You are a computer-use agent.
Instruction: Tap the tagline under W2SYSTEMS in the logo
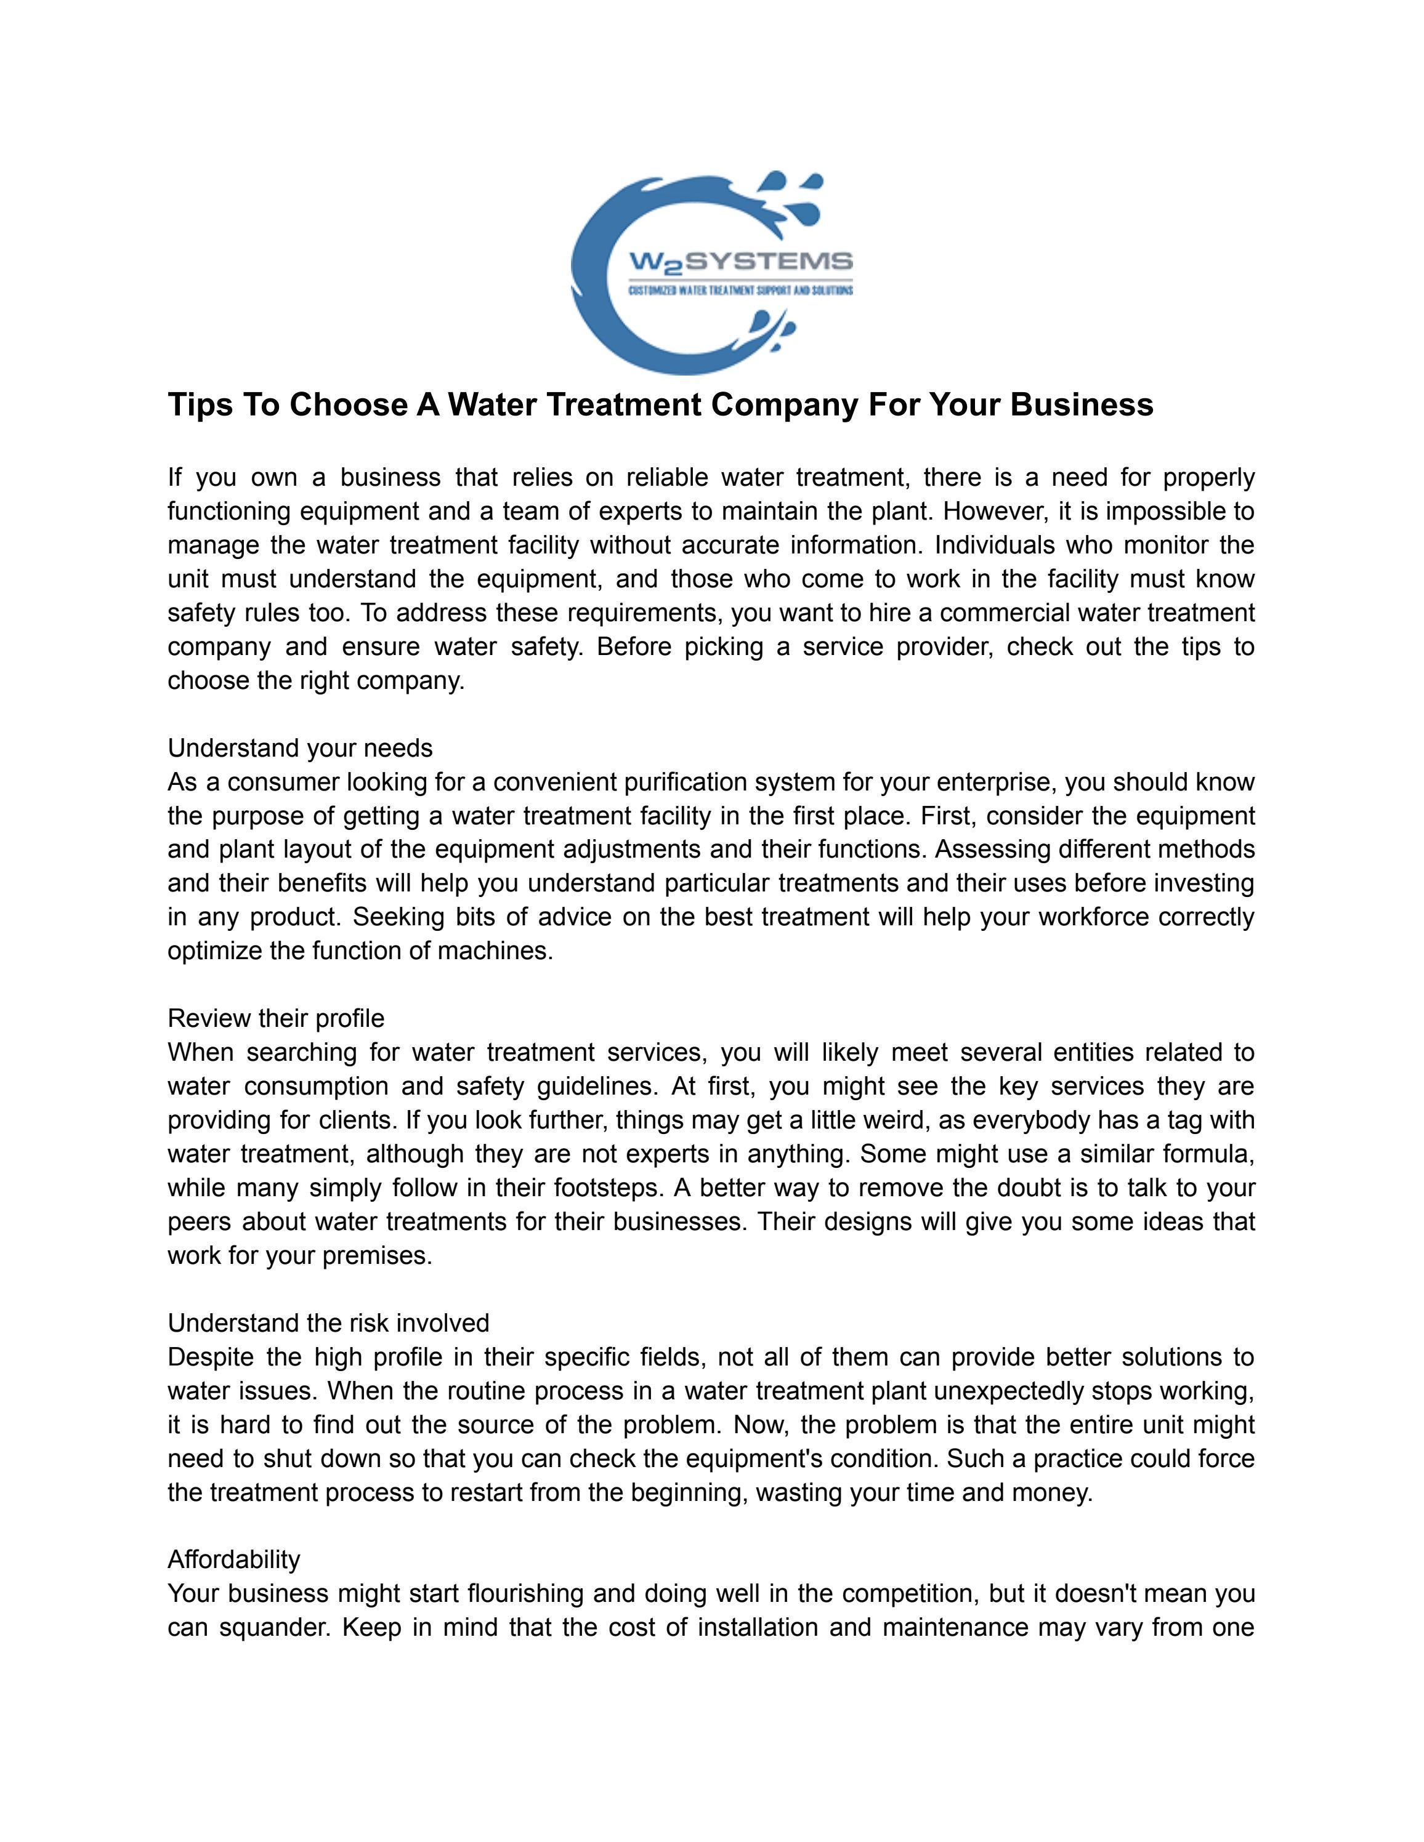click(x=742, y=290)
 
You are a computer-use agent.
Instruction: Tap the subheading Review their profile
click(x=276, y=1019)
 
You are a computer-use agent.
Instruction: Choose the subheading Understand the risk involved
click(x=328, y=1322)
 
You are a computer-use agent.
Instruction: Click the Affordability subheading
click(x=233, y=1559)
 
